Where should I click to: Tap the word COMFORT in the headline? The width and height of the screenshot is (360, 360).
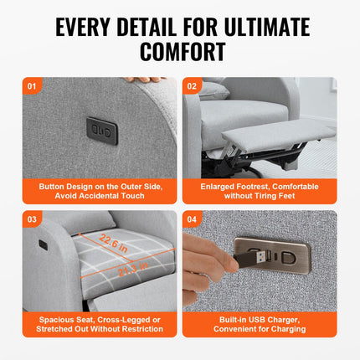pyautogui.click(x=179, y=52)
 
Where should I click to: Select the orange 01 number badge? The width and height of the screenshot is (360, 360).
pyautogui.click(x=33, y=85)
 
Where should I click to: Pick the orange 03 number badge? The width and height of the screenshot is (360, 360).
pyautogui.click(x=33, y=218)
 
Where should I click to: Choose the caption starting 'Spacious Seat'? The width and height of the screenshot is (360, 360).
pyautogui.click(x=100, y=321)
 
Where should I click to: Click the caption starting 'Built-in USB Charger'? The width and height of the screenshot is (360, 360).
pyautogui.click(x=260, y=321)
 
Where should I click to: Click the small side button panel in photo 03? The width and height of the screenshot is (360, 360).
pyautogui.click(x=43, y=245)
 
